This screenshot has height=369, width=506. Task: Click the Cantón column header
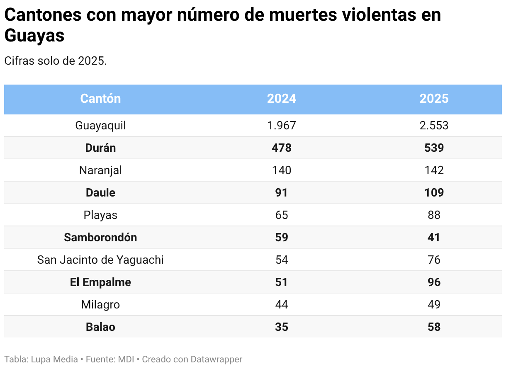100,99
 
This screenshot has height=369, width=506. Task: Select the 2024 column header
282,99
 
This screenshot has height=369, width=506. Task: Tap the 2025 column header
434,99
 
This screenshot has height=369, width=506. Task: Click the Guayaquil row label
100,126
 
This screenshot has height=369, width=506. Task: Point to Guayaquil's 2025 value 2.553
434,126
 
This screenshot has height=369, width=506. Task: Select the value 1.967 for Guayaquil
282,126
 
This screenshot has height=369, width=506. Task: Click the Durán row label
100,148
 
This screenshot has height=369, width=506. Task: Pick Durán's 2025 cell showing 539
434,148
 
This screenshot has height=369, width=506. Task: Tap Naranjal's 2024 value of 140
282,170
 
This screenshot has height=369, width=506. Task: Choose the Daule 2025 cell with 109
434,193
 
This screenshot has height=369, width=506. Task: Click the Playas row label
100,215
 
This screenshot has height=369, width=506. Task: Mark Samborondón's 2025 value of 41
434,238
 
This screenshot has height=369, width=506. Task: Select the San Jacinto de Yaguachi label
100,260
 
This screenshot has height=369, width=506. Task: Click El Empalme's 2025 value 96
434,282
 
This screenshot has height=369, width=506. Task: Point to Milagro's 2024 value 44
282,305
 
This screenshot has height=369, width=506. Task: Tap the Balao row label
100,327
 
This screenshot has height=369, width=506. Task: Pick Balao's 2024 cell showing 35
282,327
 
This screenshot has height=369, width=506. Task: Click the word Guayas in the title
34,36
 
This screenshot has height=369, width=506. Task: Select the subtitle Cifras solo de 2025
56,61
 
